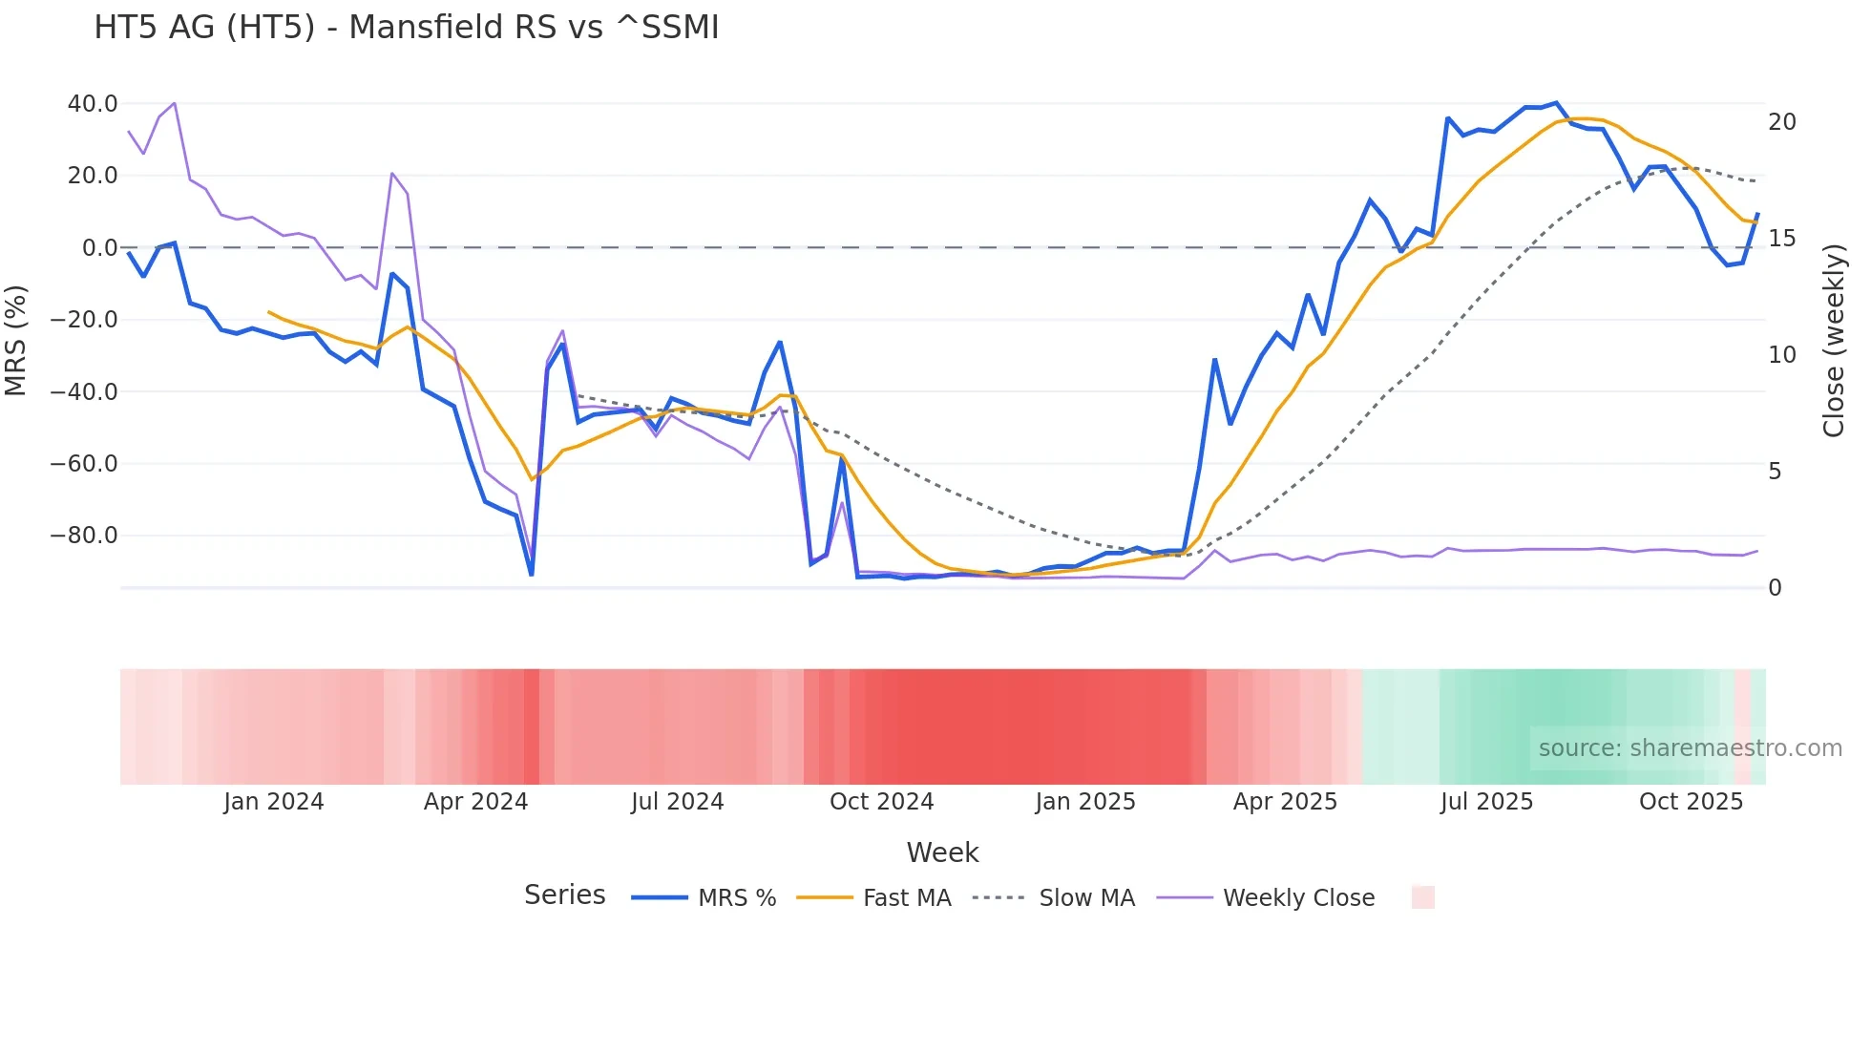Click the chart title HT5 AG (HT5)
[x=406, y=28]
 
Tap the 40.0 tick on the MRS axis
[x=92, y=103]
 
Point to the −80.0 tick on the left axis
[x=84, y=536]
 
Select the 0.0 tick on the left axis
[x=99, y=248]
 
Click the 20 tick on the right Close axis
[x=1781, y=122]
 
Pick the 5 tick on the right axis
[x=1774, y=472]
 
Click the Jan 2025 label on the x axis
[x=1085, y=802]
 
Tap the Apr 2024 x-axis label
[x=475, y=802]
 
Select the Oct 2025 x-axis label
[x=1691, y=802]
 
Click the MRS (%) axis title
[x=16, y=341]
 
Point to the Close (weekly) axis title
[x=1833, y=341]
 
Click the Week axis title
[x=942, y=852]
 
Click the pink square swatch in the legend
[x=1422, y=897]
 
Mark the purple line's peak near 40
[x=174, y=103]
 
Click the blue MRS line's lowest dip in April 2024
[x=532, y=575]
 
